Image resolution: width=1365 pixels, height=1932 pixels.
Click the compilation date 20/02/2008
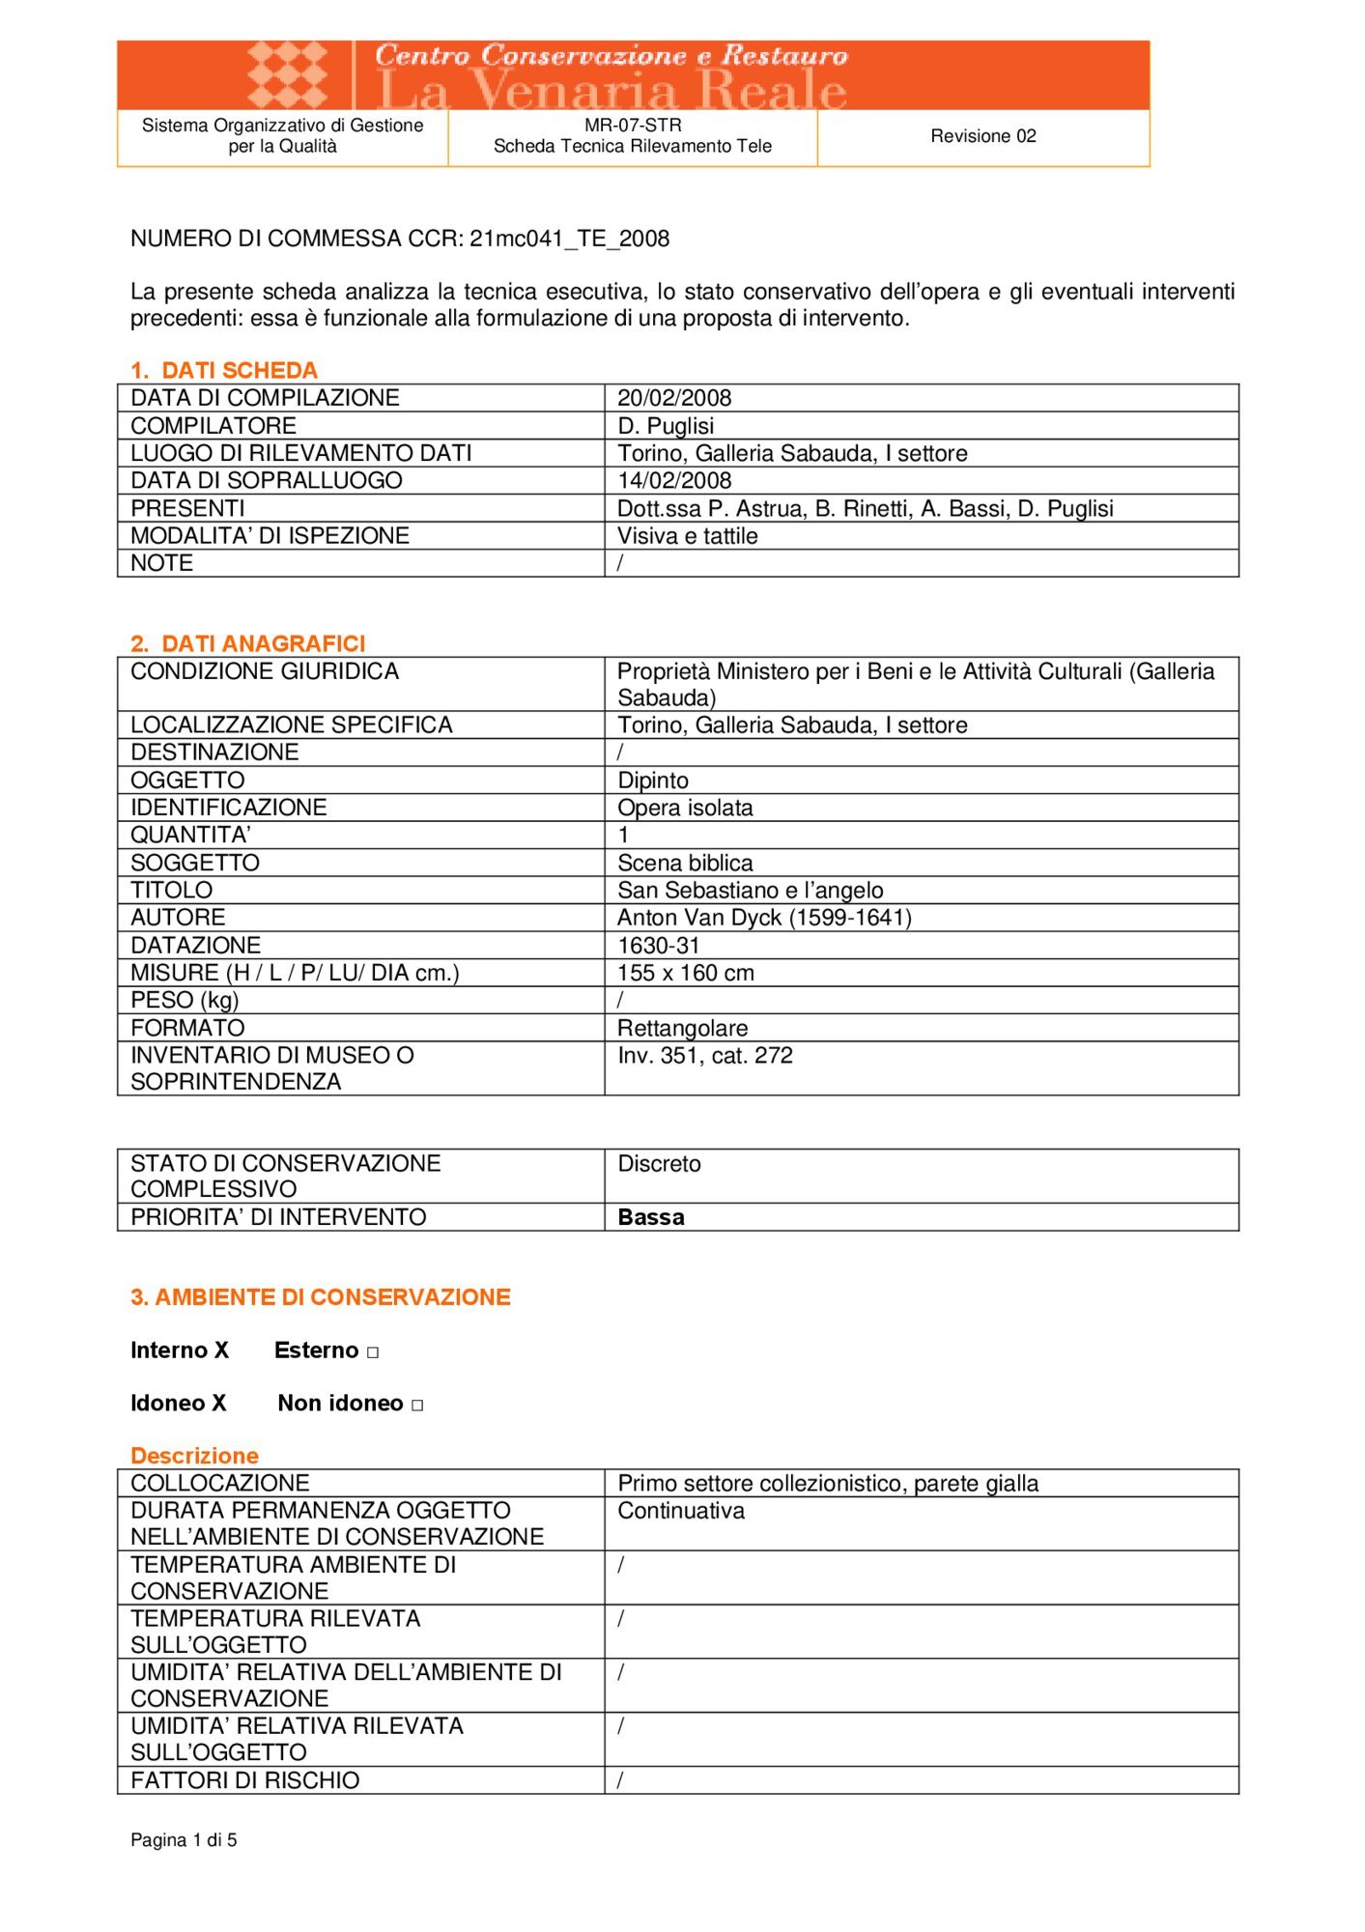point(674,398)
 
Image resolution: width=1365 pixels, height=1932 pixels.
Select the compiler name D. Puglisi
point(666,426)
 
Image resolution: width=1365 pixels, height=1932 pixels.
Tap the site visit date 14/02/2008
point(674,480)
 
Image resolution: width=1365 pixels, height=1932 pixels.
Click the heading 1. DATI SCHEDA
point(224,370)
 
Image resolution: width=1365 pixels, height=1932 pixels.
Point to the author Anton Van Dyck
point(763,918)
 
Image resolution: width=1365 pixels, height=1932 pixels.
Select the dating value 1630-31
point(658,946)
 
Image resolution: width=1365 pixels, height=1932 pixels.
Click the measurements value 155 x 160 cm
point(686,973)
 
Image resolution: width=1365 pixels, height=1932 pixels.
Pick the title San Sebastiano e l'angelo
point(750,891)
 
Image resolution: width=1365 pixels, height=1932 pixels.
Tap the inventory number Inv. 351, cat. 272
point(705,1056)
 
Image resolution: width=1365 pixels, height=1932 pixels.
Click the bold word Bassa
point(651,1217)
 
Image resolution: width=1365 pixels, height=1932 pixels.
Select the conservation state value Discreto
point(659,1164)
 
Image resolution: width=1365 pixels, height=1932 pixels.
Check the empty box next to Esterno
point(373,1352)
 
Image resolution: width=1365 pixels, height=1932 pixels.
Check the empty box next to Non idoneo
point(417,1406)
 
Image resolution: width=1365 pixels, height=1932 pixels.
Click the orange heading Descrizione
point(194,1456)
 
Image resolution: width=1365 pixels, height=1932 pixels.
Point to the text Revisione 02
point(982,136)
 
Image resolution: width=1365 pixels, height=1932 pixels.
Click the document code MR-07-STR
point(633,126)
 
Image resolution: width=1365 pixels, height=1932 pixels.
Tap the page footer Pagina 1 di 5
point(184,1840)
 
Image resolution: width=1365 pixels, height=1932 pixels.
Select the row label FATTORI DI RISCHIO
point(244,1780)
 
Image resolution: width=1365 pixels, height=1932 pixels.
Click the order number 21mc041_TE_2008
point(569,239)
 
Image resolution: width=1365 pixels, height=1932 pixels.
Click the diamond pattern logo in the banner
point(287,74)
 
